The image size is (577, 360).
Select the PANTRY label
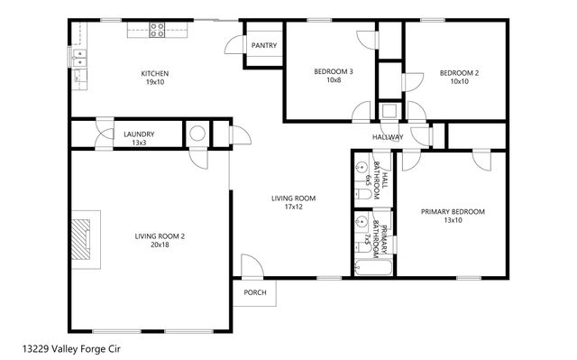click(x=264, y=45)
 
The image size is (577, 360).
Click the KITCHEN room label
click(x=154, y=73)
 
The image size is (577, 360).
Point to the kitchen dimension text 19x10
click(x=154, y=82)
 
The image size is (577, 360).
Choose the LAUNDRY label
click(x=138, y=134)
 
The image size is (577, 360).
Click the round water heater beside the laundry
click(x=197, y=134)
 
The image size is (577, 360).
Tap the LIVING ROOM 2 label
click(x=160, y=236)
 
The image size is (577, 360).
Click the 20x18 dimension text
click(x=160, y=245)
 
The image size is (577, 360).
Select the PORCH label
click(x=255, y=292)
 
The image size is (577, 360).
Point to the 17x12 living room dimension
click(x=294, y=207)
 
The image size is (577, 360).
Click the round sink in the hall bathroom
click(x=361, y=168)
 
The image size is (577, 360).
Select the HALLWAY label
click(x=389, y=137)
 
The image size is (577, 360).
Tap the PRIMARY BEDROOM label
click(x=453, y=211)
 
